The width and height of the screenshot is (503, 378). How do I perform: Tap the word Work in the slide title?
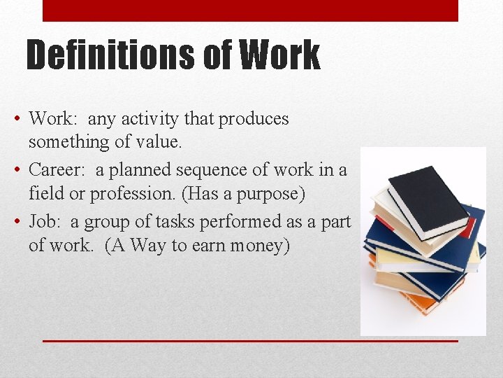coord(279,55)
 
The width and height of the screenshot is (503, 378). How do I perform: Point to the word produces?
coord(254,120)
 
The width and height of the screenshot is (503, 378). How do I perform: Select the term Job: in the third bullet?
coord(45,222)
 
